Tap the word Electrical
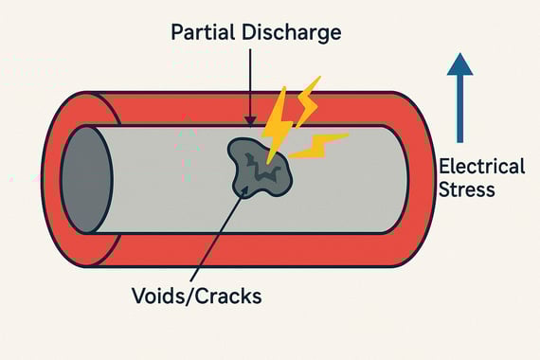tap(481, 167)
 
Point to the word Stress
tap(467, 189)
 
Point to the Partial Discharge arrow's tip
tap(248, 124)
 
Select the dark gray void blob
tap(256, 167)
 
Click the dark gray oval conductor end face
tap(86, 180)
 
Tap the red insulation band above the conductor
tap(189, 108)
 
